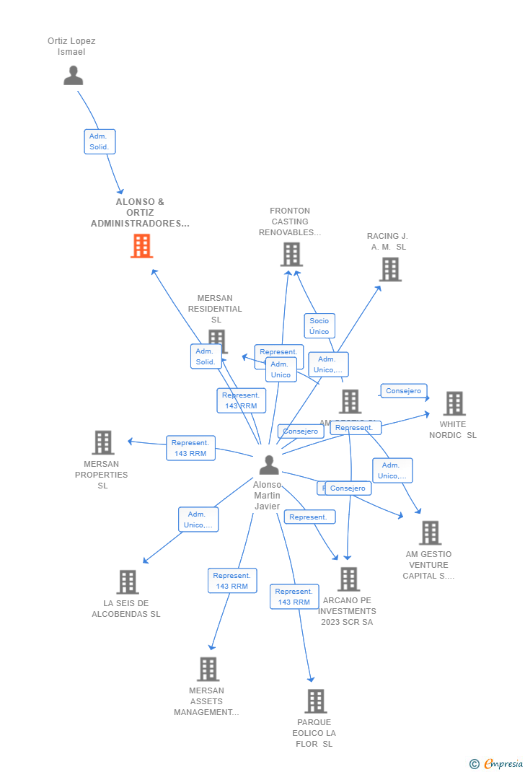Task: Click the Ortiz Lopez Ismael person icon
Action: pyautogui.click(x=73, y=75)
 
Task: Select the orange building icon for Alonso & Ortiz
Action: pyautogui.click(x=141, y=246)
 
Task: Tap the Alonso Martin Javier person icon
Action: pyautogui.click(x=269, y=465)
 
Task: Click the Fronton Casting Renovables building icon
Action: pyautogui.click(x=291, y=254)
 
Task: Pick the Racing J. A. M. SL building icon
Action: pyautogui.click(x=390, y=269)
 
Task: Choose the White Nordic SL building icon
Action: pyautogui.click(x=454, y=403)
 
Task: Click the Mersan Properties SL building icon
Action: pyautogui.click(x=103, y=442)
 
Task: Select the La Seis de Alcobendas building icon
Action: pyautogui.click(x=127, y=582)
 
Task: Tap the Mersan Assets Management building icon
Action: pyautogui.click(x=208, y=669)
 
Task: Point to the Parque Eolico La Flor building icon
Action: pyautogui.click(x=315, y=701)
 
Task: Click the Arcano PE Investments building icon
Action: pyautogui.click(x=348, y=579)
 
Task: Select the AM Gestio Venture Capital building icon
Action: pyautogui.click(x=430, y=532)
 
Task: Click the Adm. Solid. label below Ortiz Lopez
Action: pyautogui.click(x=100, y=141)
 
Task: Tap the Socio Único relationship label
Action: pyautogui.click(x=319, y=326)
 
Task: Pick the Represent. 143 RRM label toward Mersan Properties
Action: pyautogui.click(x=190, y=448)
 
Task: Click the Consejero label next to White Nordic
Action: pyautogui.click(x=403, y=391)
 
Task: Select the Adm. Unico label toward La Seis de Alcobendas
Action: pyautogui.click(x=198, y=519)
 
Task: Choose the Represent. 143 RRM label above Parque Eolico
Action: pyautogui.click(x=294, y=597)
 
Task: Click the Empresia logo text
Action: pyautogui.click(x=503, y=763)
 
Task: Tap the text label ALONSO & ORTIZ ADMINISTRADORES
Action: pyautogui.click(x=140, y=213)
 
